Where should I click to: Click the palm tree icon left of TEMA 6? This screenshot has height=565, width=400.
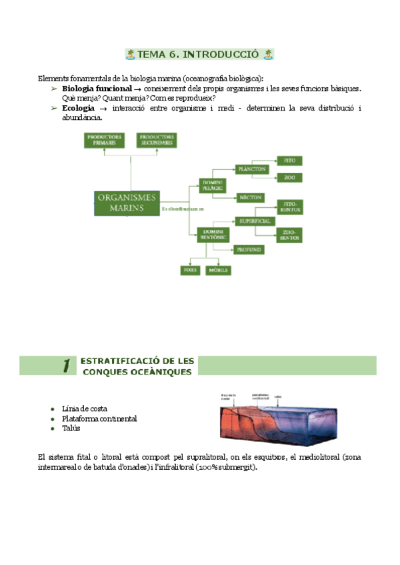pyautogui.click(x=131, y=54)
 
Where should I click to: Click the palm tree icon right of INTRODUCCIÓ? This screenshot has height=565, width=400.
pyautogui.click(x=268, y=54)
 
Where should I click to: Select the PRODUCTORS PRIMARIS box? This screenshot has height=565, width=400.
pyautogui.click(x=104, y=140)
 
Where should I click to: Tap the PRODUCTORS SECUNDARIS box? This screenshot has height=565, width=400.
pyautogui.click(x=157, y=140)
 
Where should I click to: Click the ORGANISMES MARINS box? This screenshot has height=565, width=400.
pyautogui.click(x=127, y=203)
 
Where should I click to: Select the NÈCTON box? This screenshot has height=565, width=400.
pyautogui.click(x=251, y=198)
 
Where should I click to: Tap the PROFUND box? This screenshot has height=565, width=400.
pyautogui.click(x=249, y=249)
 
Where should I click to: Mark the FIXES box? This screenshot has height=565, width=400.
pyautogui.click(x=191, y=270)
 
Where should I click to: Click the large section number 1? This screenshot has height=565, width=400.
pyautogui.click(x=66, y=365)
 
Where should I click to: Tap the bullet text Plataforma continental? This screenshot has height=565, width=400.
pyautogui.click(x=99, y=418)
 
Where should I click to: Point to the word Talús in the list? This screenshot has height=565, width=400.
pyautogui.click(x=71, y=428)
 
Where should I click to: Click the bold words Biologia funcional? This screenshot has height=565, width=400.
pyautogui.click(x=93, y=89)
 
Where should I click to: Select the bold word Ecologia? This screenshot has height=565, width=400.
pyautogui.click(x=78, y=108)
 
